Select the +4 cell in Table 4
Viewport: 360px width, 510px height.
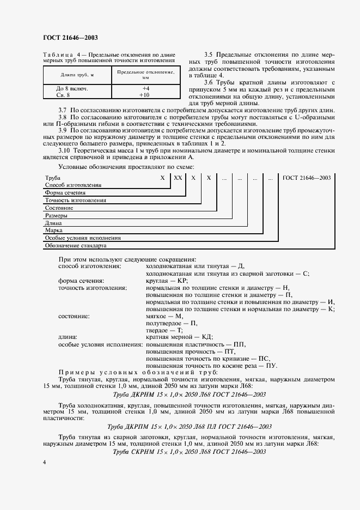coord(145,88)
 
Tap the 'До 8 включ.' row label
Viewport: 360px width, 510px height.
coord(72,88)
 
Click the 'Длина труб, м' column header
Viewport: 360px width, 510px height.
coord(77,74)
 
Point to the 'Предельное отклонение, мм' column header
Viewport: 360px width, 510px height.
coord(145,75)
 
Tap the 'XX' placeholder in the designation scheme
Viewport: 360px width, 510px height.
coord(178,178)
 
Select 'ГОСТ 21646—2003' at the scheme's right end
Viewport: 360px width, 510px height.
coord(307,178)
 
